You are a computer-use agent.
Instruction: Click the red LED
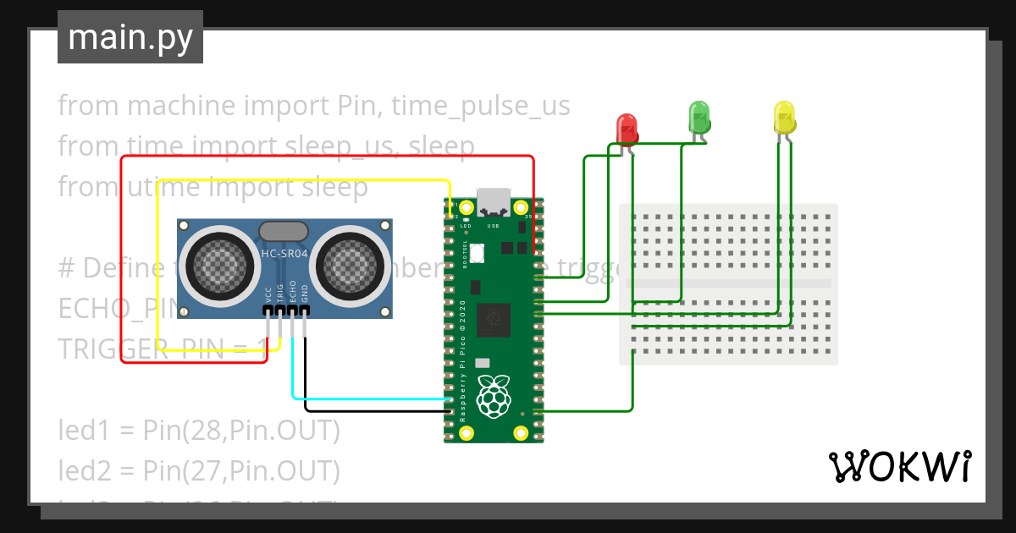click(627, 129)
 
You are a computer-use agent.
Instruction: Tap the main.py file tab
click(130, 37)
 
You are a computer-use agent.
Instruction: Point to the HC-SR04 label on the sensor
click(284, 253)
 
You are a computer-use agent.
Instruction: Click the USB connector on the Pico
click(494, 203)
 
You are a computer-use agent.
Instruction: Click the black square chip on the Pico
click(493, 320)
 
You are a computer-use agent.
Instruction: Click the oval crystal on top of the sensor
click(284, 231)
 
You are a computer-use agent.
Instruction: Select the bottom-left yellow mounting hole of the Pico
click(466, 433)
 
